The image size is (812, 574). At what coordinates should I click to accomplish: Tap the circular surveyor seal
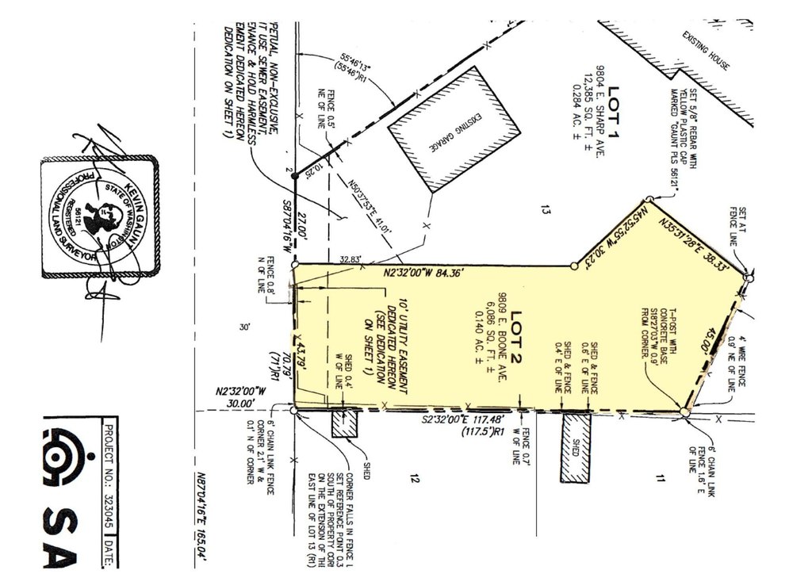pos(100,216)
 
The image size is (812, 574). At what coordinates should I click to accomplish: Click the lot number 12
pos(413,477)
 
